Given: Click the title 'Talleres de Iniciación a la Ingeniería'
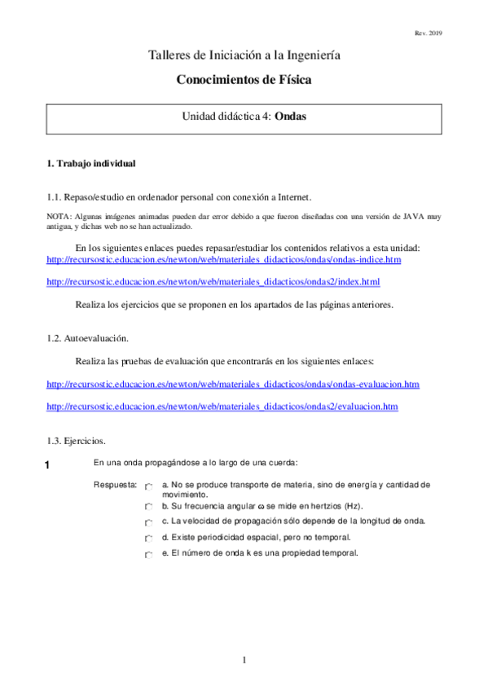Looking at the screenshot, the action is click(244, 55).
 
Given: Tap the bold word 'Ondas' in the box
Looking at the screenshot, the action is click(291, 117).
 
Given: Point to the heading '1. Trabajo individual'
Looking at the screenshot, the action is click(91, 163).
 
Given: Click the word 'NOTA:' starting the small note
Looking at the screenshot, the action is click(59, 216).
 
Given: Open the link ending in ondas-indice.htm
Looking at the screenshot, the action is click(224, 259).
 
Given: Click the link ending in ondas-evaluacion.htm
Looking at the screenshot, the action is click(233, 383).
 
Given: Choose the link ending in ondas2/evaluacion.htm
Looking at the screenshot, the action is click(222, 406).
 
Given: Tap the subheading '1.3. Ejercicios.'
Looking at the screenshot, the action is click(76, 441).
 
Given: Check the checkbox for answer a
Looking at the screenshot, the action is click(148, 486).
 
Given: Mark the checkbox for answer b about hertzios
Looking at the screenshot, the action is click(148, 506).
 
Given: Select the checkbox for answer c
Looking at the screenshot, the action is click(148, 522).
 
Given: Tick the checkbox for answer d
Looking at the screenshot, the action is click(148, 539).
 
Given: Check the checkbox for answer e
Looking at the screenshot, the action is click(148, 555).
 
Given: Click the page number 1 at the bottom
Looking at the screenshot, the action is click(244, 659).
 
